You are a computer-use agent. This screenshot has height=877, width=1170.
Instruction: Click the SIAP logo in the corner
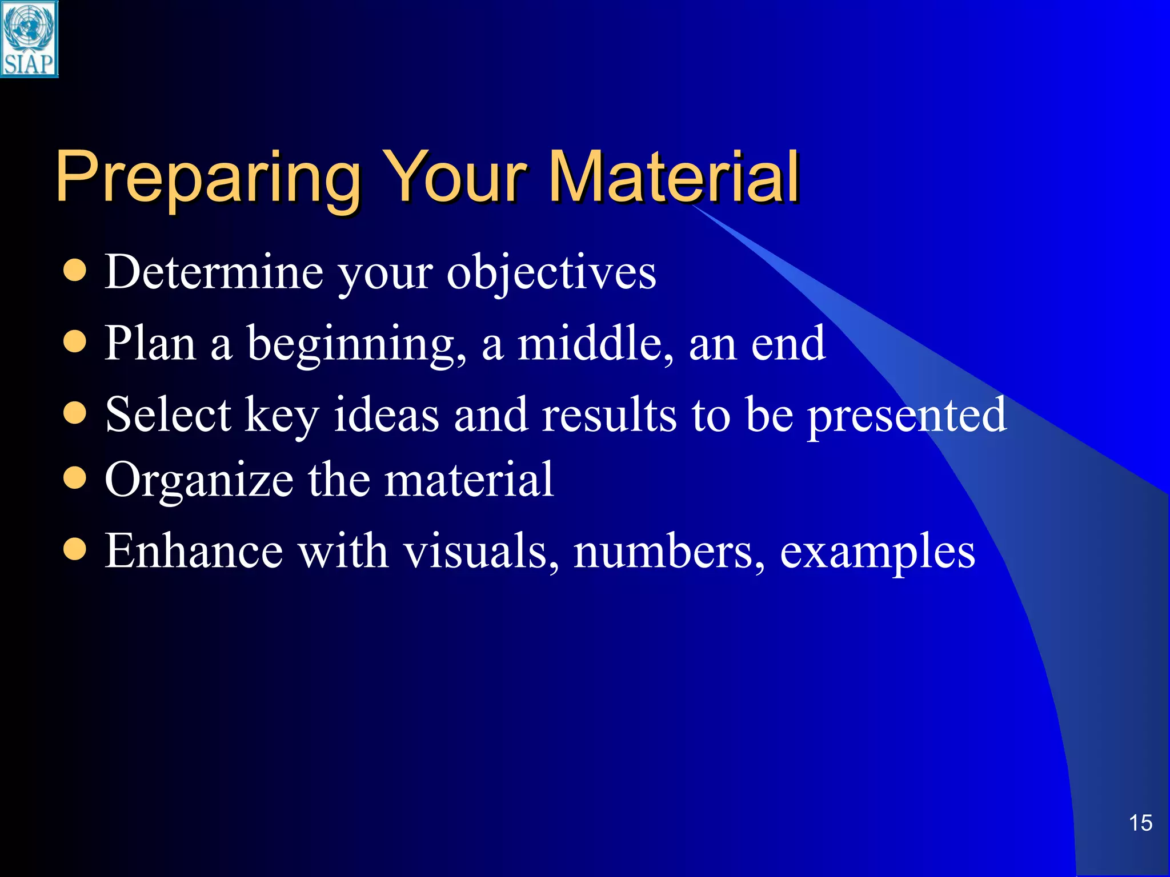[29, 39]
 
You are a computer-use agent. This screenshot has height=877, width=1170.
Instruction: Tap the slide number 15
[1140, 823]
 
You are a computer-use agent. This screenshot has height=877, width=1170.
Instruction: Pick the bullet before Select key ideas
[75, 413]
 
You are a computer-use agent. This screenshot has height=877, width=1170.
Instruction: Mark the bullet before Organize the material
[75, 478]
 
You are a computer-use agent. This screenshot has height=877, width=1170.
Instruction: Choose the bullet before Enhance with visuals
[75, 549]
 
